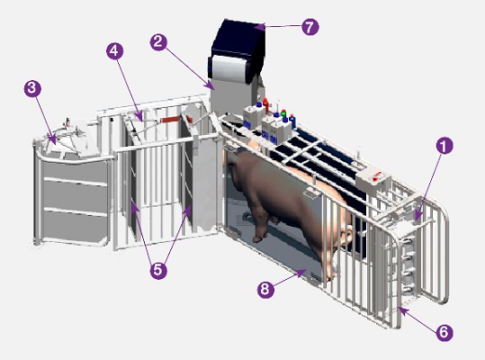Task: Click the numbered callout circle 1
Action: (x=445, y=146)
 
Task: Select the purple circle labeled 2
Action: (x=158, y=41)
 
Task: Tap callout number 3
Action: (x=32, y=88)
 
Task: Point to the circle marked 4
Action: (x=115, y=50)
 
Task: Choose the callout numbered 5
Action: (x=158, y=270)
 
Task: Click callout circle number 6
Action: (x=444, y=332)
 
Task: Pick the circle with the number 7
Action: (x=310, y=26)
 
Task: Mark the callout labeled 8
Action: (x=265, y=289)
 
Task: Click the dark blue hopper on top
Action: (x=238, y=41)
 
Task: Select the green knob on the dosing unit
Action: (x=283, y=112)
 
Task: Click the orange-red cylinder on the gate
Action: (x=168, y=120)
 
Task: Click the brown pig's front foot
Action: (x=259, y=238)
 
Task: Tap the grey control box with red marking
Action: (x=373, y=178)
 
